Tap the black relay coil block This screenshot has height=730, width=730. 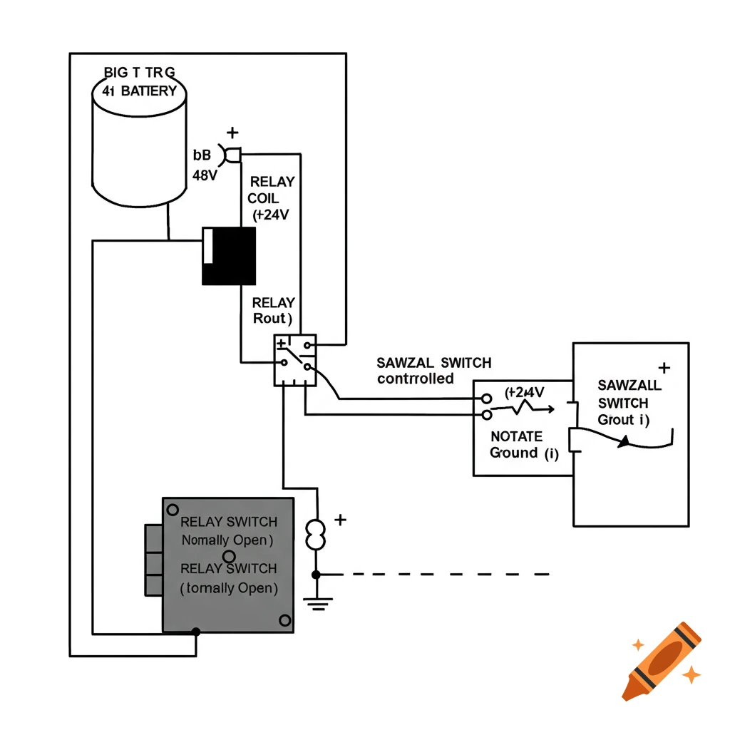coord(229,257)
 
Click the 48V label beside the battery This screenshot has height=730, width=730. coord(205,175)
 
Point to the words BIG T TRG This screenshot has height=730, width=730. coord(139,73)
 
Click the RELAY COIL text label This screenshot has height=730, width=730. coord(271,190)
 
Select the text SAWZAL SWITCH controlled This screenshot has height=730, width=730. coord(433,371)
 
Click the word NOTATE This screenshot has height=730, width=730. coord(517,436)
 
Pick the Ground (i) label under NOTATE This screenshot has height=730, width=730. coord(524,453)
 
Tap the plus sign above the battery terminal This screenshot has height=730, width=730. coord(232,133)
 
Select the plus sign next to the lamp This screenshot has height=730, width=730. coord(340,520)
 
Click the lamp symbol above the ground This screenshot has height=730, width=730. coord(316,535)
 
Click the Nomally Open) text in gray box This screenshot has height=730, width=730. coord(227,540)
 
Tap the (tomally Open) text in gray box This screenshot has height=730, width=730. coord(228,588)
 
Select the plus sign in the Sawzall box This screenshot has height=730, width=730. coord(664,368)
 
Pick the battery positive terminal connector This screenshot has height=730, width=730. coord(233,154)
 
